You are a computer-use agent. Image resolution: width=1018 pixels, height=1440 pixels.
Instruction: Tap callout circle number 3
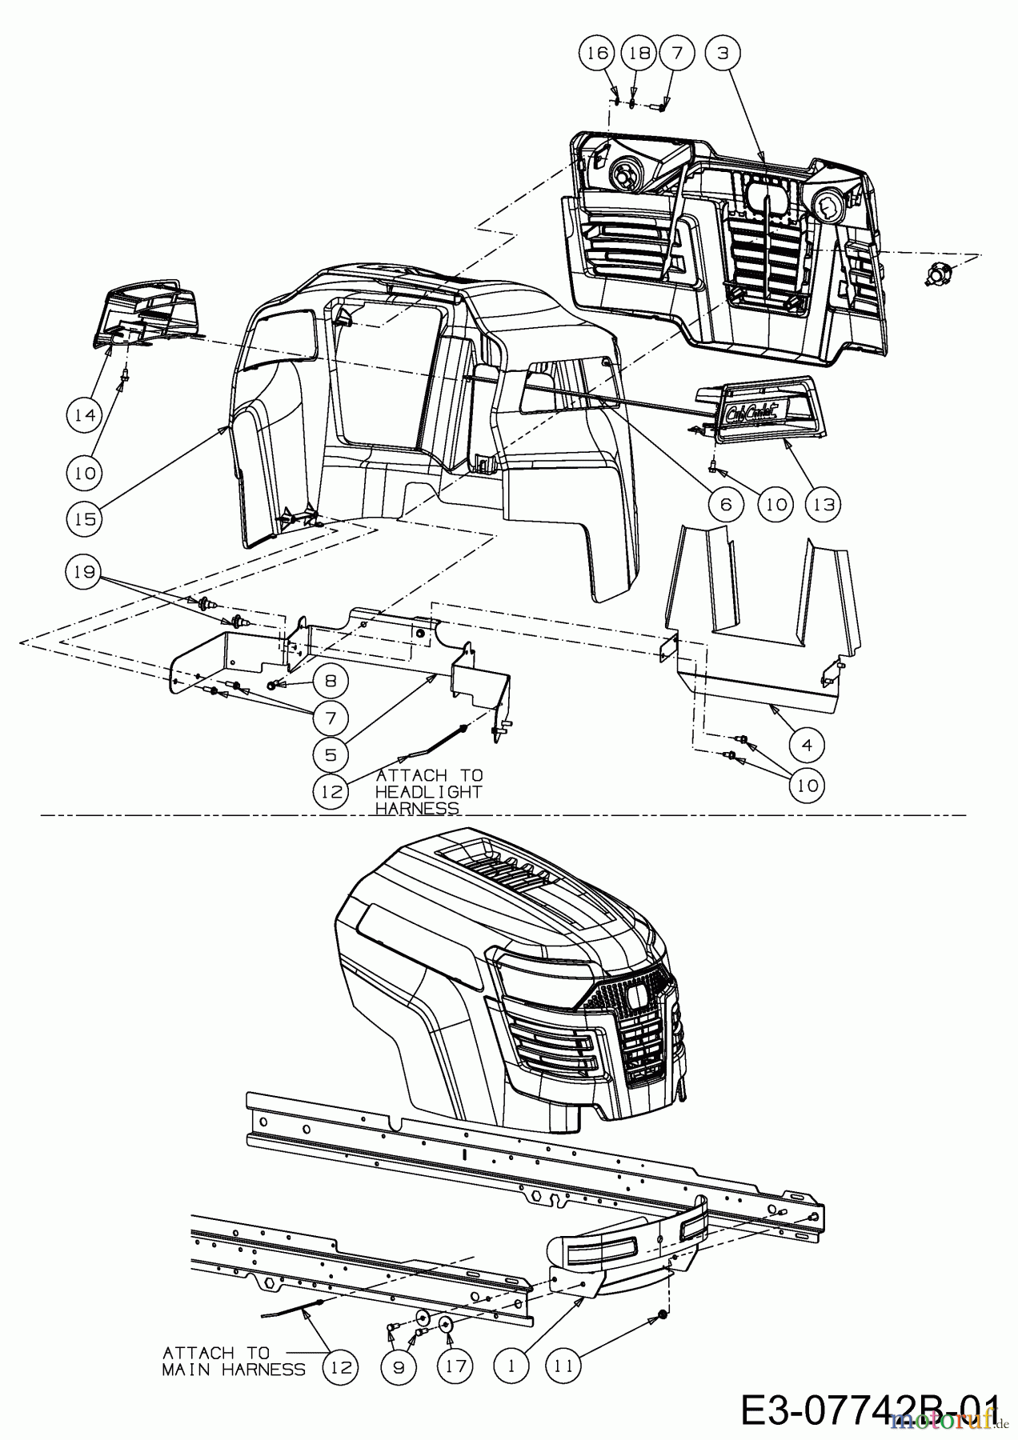(x=723, y=53)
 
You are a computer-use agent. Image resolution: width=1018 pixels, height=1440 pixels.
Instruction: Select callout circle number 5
(x=331, y=753)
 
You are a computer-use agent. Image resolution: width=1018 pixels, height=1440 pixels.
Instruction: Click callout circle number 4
(x=807, y=744)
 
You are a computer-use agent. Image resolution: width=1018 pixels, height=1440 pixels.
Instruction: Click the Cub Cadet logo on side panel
(x=755, y=413)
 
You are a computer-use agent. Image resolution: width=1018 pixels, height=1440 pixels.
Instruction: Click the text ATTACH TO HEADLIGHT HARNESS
(x=429, y=791)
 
